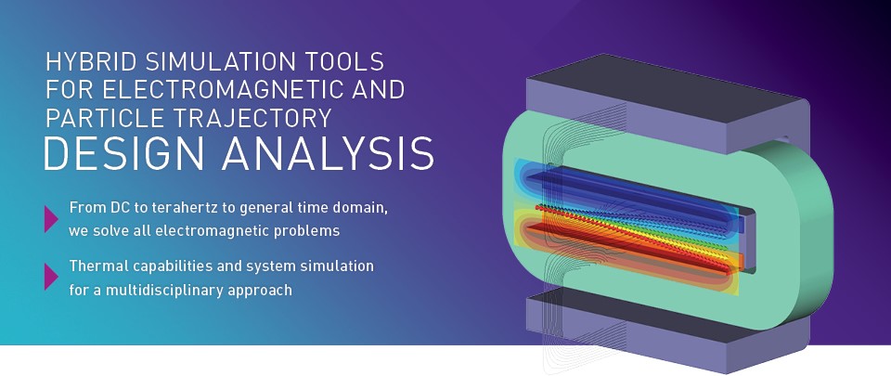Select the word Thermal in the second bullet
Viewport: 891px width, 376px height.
coord(95,266)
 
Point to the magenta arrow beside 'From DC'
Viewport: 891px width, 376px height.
coord(51,217)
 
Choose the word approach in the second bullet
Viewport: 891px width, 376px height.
coord(262,290)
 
